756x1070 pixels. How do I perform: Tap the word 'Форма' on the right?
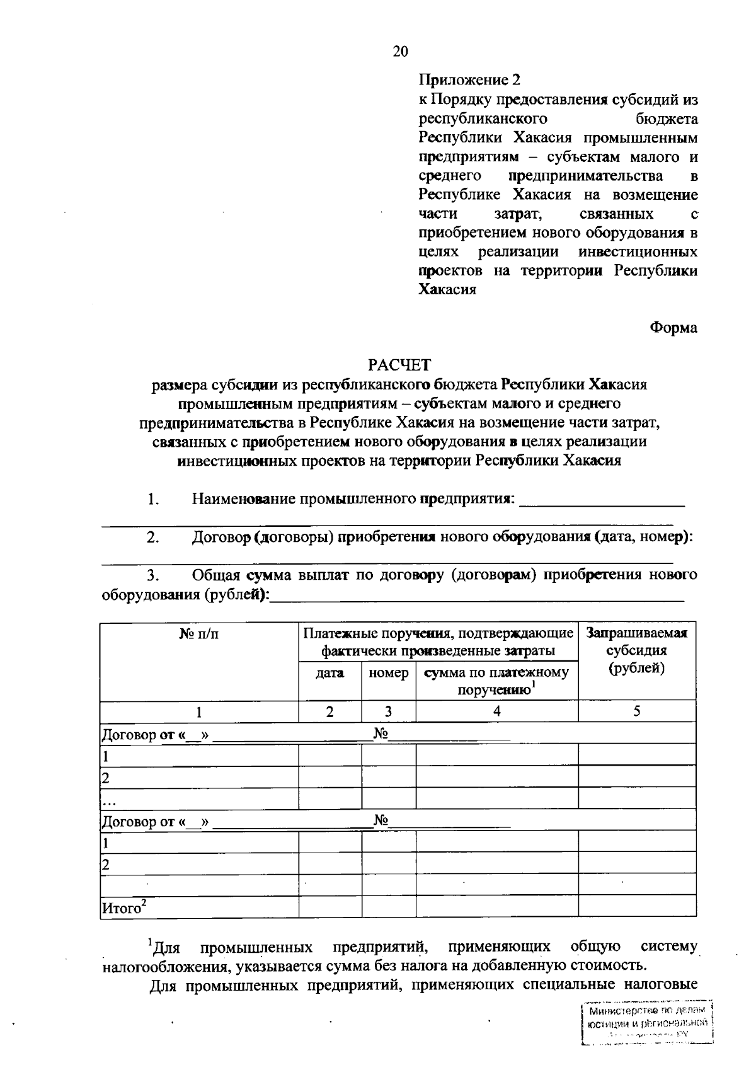673,328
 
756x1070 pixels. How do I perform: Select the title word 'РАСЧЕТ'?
399,364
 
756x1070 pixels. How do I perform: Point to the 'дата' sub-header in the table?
329,673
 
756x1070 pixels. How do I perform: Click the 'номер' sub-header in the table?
388,673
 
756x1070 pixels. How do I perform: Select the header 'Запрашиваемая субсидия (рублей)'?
636,650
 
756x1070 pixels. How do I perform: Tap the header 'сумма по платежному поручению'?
496,681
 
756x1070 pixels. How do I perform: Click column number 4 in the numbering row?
496,711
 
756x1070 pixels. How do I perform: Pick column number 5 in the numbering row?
637,711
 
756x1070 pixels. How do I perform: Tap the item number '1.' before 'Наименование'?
153,500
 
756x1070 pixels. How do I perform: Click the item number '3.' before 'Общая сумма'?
153,575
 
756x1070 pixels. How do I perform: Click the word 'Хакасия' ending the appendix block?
447,290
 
